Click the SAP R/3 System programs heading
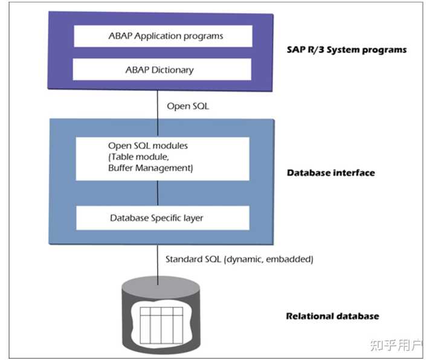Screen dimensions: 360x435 (x=346, y=50)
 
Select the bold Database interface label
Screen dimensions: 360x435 (x=330, y=173)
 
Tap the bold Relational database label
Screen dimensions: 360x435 (x=332, y=316)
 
